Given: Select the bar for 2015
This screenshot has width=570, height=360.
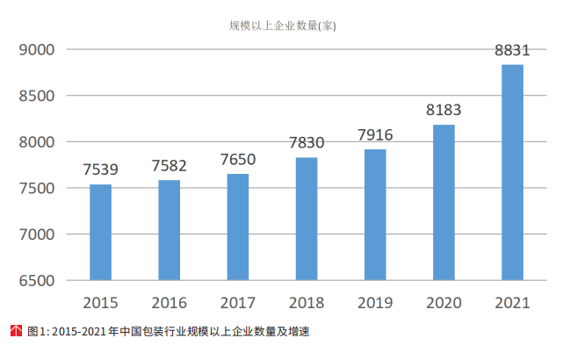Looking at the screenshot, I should [101, 233].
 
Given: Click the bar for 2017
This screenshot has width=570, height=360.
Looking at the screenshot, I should [238, 227].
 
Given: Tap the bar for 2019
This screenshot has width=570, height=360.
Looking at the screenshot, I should [375, 215].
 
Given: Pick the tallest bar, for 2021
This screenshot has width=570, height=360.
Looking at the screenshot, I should [512, 173].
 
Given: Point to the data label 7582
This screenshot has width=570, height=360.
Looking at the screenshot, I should [170, 165].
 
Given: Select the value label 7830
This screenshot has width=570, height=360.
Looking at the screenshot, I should [307, 142].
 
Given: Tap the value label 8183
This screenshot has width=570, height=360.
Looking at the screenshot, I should [444, 110].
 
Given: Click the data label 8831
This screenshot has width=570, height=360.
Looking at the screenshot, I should [512, 50].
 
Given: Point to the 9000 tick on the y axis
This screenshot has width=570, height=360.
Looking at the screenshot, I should [37, 50].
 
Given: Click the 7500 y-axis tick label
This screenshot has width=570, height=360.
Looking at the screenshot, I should [37, 189].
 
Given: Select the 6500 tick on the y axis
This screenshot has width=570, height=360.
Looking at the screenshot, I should [37, 281].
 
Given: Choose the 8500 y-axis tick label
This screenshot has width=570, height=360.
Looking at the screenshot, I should [37, 96].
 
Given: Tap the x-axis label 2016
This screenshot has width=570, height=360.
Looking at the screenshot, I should [170, 303].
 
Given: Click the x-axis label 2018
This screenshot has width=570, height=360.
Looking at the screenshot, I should [307, 303].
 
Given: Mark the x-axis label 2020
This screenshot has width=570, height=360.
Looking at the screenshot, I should [444, 303].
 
